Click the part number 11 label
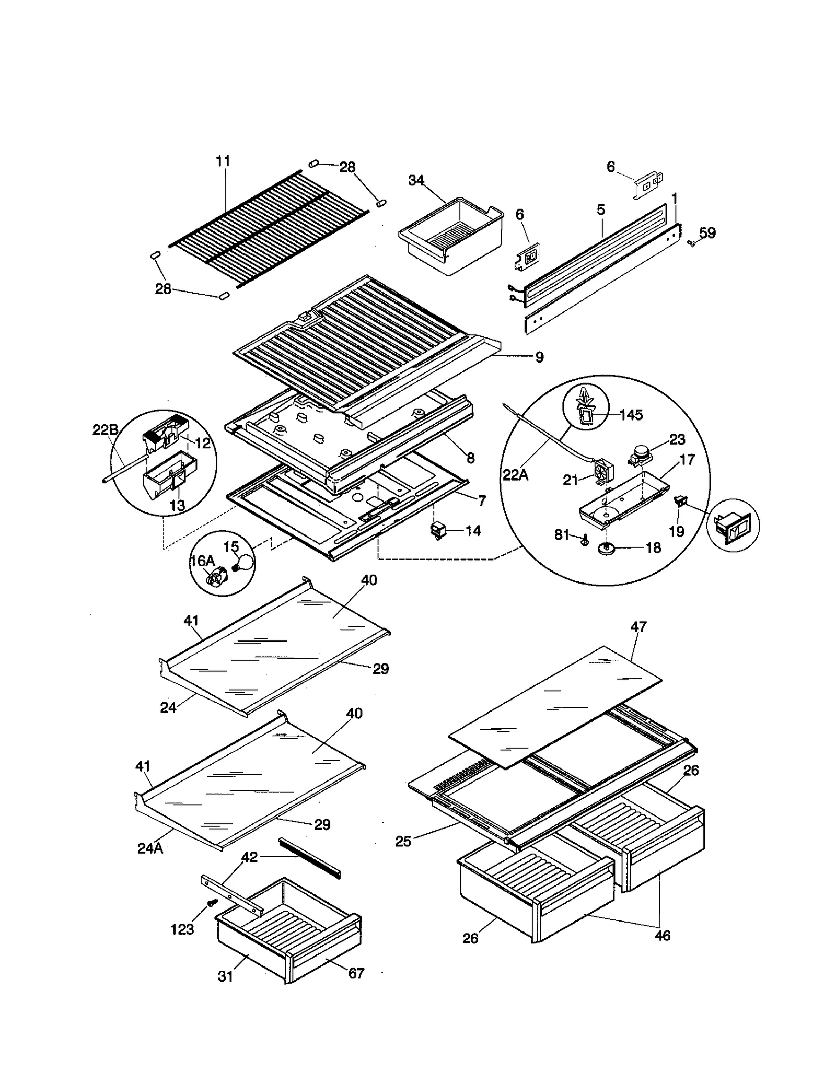coord(223,161)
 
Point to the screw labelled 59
coord(693,242)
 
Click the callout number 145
coord(631,415)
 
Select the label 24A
coord(150,848)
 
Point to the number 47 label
coord(638,626)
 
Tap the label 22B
coord(105,430)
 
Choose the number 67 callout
coord(356,973)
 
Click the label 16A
coord(202,561)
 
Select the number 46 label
coord(662,935)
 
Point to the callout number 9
coord(539,357)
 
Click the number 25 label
coord(403,841)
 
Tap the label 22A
coord(515,475)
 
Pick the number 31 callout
coord(225,976)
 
